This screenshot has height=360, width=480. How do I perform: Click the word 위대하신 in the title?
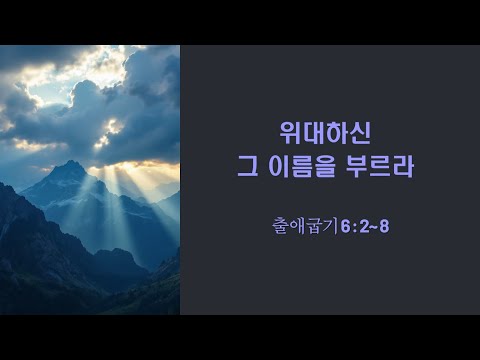pyautogui.click(x=325, y=133)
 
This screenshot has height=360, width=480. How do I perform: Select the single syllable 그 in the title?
pyautogui.click(x=248, y=166)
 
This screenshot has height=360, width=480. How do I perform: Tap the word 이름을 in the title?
pyautogui.click(x=301, y=166)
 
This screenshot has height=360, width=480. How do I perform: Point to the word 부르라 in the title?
pyautogui.click(x=379, y=166)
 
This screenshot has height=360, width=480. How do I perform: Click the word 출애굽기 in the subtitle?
pyautogui.click(x=306, y=226)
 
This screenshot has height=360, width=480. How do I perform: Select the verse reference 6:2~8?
pyautogui.click(x=365, y=227)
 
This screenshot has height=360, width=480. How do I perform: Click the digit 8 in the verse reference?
pyautogui.click(x=384, y=227)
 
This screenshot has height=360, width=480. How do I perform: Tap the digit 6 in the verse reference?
pyautogui.click(x=345, y=227)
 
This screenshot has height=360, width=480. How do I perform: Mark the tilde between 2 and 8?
pyautogui.click(x=373, y=227)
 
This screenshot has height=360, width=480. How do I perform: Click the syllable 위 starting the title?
pyautogui.click(x=291, y=133)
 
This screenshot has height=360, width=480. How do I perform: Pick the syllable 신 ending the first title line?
pyautogui.click(x=360, y=133)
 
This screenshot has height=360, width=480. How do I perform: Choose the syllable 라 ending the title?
pyautogui.click(x=403, y=166)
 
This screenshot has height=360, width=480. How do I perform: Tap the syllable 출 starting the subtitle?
pyautogui.click(x=281, y=226)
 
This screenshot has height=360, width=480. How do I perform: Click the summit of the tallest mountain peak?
pyautogui.click(x=71, y=162)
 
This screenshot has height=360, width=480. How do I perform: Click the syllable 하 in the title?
pyautogui.click(x=337, y=133)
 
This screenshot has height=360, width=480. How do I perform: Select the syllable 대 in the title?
pyautogui.click(x=314, y=133)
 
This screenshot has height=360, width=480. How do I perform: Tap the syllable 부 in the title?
pyautogui.click(x=356, y=166)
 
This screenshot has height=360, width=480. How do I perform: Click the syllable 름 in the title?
pyautogui.click(x=301, y=166)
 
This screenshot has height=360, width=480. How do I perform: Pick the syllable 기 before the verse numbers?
pyautogui.click(x=332, y=226)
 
